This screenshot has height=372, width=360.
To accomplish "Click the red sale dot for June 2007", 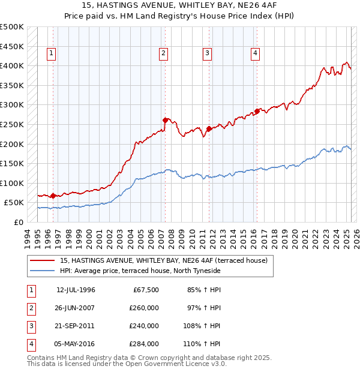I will [165, 120].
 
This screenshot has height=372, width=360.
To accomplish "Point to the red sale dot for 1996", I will [53, 196].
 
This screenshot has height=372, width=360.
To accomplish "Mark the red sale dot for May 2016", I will [257, 111].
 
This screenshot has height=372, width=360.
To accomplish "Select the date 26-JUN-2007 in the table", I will [76, 308].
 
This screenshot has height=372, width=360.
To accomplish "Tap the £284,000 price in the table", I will [144, 344].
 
